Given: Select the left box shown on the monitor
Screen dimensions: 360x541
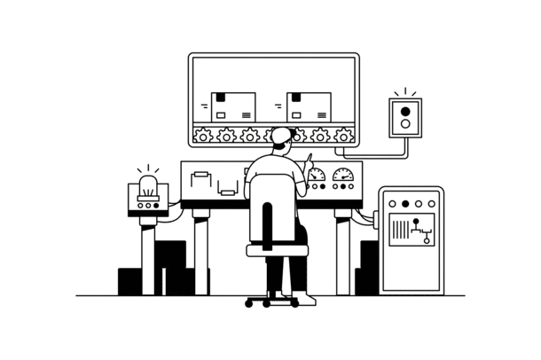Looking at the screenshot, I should (239, 106).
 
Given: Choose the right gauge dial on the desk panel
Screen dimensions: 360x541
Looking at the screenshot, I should (343, 176).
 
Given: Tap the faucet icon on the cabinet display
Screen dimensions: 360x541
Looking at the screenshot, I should (427, 234).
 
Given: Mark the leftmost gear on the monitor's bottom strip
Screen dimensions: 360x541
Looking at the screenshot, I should (203, 137).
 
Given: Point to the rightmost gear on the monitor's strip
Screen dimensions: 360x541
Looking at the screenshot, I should (347, 137).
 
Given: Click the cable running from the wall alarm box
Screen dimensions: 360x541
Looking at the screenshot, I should (381, 156).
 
